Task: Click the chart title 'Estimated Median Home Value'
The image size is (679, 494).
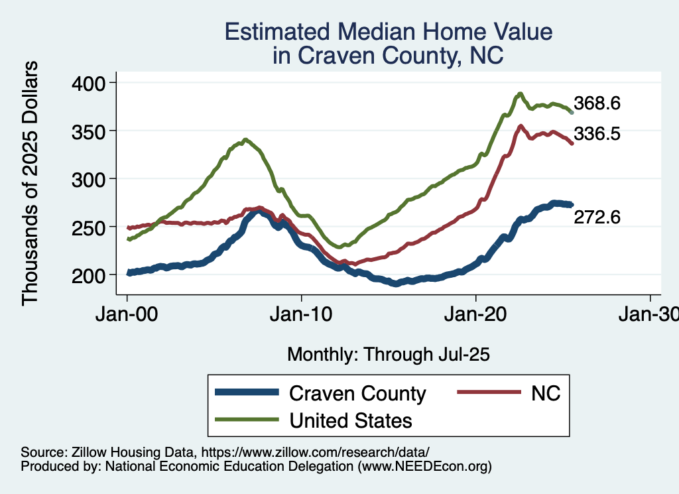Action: [x=388, y=32]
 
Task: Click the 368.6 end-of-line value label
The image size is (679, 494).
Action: [x=597, y=103]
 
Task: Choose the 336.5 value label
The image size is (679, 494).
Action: [x=597, y=135]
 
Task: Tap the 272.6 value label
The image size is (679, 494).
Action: [x=597, y=217]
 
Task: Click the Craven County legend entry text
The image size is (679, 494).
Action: [x=357, y=393]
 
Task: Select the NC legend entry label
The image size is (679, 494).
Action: [x=545, y=393]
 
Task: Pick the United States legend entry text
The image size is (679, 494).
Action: [x=350, y=420]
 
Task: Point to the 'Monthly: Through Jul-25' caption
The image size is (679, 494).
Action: [x=388, y=355]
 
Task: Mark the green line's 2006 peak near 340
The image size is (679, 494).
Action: [x=245, y=140]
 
